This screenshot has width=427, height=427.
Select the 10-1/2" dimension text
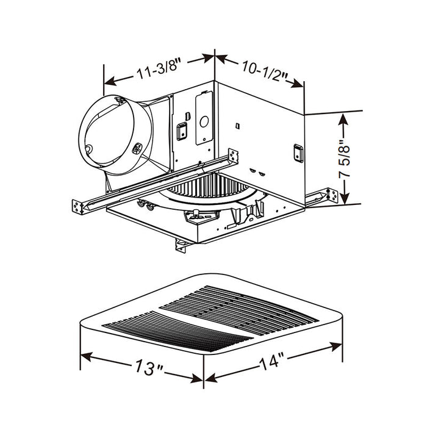click(264, 68)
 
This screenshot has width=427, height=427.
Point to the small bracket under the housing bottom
click(181, 246)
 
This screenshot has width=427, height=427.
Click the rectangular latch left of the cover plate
click(181, 130)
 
